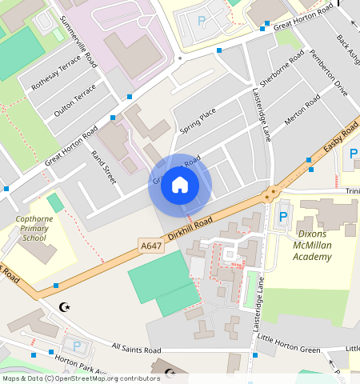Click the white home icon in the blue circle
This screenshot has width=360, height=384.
(180, 186)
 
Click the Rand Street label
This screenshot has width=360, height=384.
(104, 167)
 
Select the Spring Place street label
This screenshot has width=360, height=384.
(198, 122)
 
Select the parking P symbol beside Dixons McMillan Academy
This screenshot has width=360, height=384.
(282, 216)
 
